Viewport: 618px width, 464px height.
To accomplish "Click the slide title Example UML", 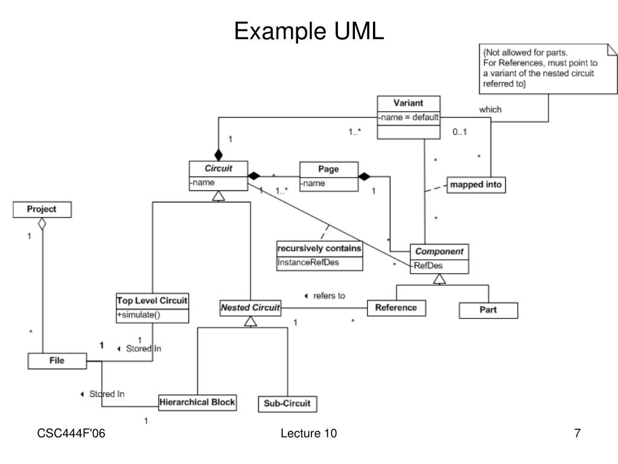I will tap(309, 32).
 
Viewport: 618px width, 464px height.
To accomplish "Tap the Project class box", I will tap(42, 210).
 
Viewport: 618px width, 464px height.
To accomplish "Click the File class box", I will tap(57, 361).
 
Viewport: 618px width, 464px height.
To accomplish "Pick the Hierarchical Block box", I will tap(197, 402).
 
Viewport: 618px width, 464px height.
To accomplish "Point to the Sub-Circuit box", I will tap(287, 404).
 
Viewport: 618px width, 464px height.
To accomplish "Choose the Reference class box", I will tap(396, 308).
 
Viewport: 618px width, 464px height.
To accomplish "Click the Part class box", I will tap(489, 311).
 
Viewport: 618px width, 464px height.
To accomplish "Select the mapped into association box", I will tap(476, 185).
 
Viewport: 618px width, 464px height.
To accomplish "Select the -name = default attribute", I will tap(409, 118).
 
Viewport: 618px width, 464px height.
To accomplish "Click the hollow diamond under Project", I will tap(42, 224).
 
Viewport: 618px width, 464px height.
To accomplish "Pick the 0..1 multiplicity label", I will tap(460, 132).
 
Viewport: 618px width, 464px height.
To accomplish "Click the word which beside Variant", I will tap(490, 109).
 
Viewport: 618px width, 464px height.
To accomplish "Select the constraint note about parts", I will tap(546, 68).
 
